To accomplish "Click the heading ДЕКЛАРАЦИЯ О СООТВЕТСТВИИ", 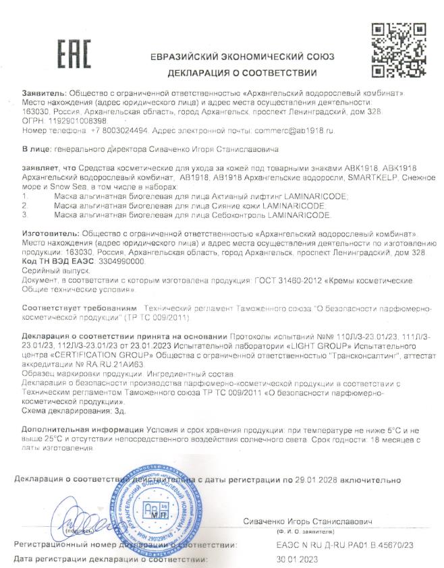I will coord(242,72).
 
